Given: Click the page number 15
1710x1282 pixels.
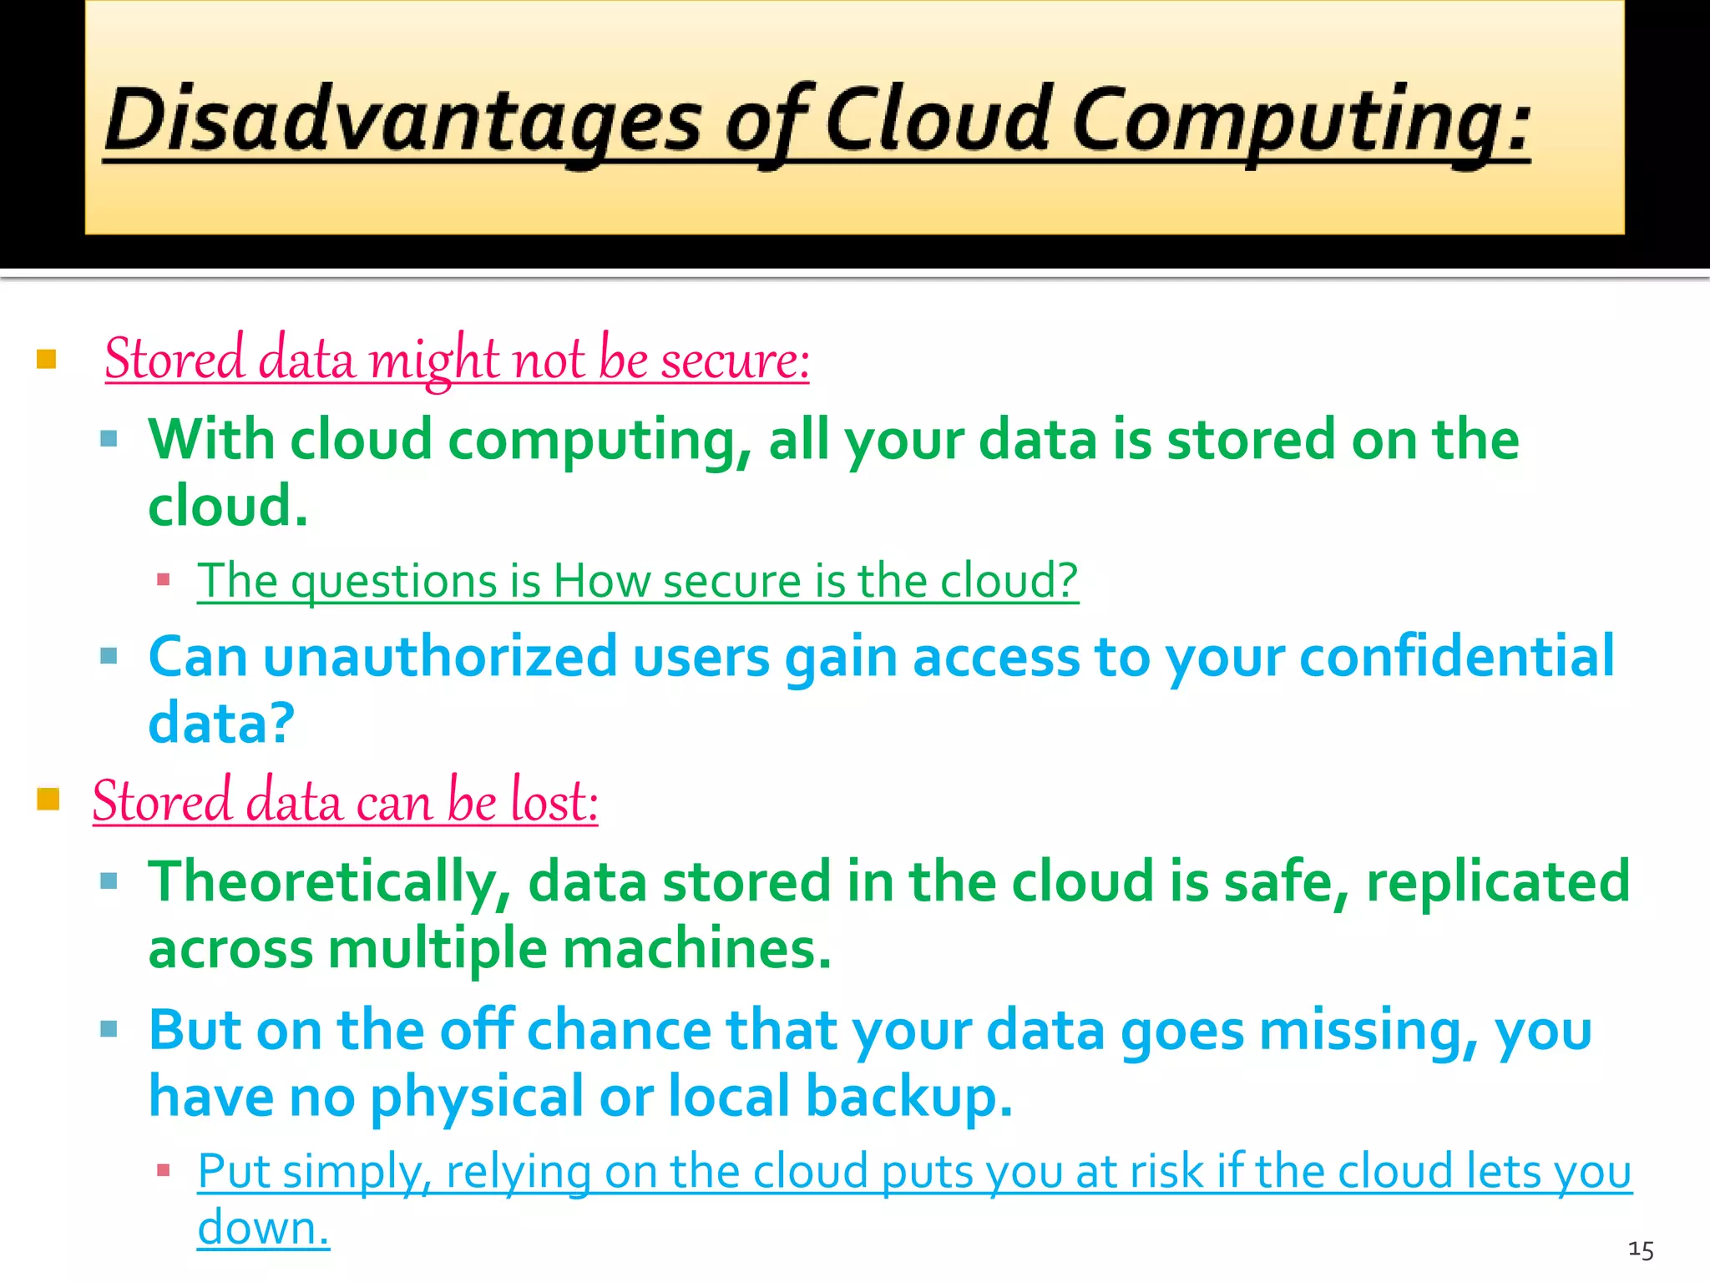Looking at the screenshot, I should [1641, 1249].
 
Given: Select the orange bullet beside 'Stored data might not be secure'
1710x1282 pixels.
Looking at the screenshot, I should [47, 360].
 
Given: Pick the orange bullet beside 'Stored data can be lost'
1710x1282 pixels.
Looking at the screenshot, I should [48, 800].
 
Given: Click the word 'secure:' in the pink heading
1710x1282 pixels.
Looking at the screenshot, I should [736, 361].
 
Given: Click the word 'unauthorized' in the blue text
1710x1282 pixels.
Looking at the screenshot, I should [440, 657].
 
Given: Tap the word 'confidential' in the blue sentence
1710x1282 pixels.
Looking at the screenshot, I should [1457, 657].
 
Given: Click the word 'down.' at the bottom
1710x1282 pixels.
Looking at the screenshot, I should [263, 1229].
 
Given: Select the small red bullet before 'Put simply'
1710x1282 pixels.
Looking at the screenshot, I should [164, 1170].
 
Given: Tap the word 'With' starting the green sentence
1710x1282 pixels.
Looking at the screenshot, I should [210, 440].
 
